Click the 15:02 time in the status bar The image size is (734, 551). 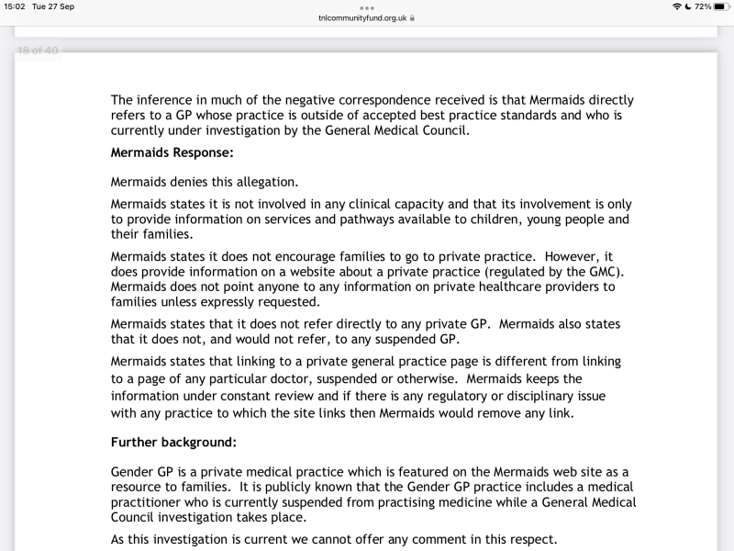coord(15,6)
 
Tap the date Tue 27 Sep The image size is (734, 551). coord(53,6)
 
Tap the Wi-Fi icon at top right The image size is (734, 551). coord(677,6)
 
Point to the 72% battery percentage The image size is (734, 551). coord(703,6)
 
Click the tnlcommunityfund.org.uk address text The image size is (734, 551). coord(362,17)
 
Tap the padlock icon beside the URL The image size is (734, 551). coord(413,17)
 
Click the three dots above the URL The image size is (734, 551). coord(367,7)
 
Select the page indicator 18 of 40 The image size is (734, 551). coord(38,51)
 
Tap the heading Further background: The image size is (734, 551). coord(173,442)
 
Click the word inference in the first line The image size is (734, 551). coord(169,99)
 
